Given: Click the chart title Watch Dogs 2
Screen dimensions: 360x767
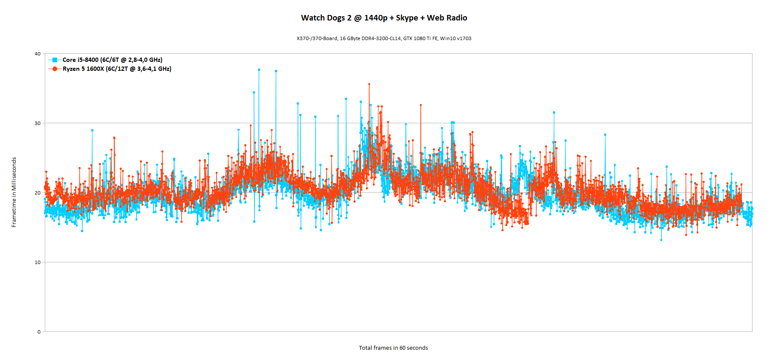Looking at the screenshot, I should [384, 18].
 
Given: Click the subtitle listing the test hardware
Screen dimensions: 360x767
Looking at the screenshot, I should [384, 38].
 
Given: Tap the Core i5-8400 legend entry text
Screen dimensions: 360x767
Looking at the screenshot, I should [112, 60].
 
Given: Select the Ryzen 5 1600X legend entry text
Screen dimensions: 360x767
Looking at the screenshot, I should [117, 69].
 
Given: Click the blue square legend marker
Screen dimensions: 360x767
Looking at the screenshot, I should [55, 60].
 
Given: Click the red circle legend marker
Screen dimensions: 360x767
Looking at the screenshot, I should [55, 69].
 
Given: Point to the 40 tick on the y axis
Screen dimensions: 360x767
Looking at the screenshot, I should [38, 54].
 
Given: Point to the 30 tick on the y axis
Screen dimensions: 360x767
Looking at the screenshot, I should [38, 123].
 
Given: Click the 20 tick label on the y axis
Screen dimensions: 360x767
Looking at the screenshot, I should [38, 193].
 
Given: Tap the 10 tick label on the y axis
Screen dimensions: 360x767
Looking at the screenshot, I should [38, 262].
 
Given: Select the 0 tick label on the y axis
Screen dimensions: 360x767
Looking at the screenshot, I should [39, 332].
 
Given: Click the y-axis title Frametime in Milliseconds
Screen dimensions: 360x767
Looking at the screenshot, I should [14, 192].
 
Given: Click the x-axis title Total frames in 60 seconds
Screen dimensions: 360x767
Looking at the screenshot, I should [393, 348].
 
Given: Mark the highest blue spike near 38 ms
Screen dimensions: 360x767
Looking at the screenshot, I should [259, 70].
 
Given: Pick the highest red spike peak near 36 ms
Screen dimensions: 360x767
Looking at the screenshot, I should [369, 84].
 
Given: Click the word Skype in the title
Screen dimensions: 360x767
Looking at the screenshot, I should [407, 18].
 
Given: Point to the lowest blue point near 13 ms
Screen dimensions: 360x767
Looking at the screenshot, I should [661, 240].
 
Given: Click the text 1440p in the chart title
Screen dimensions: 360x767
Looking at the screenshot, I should [376, 18].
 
